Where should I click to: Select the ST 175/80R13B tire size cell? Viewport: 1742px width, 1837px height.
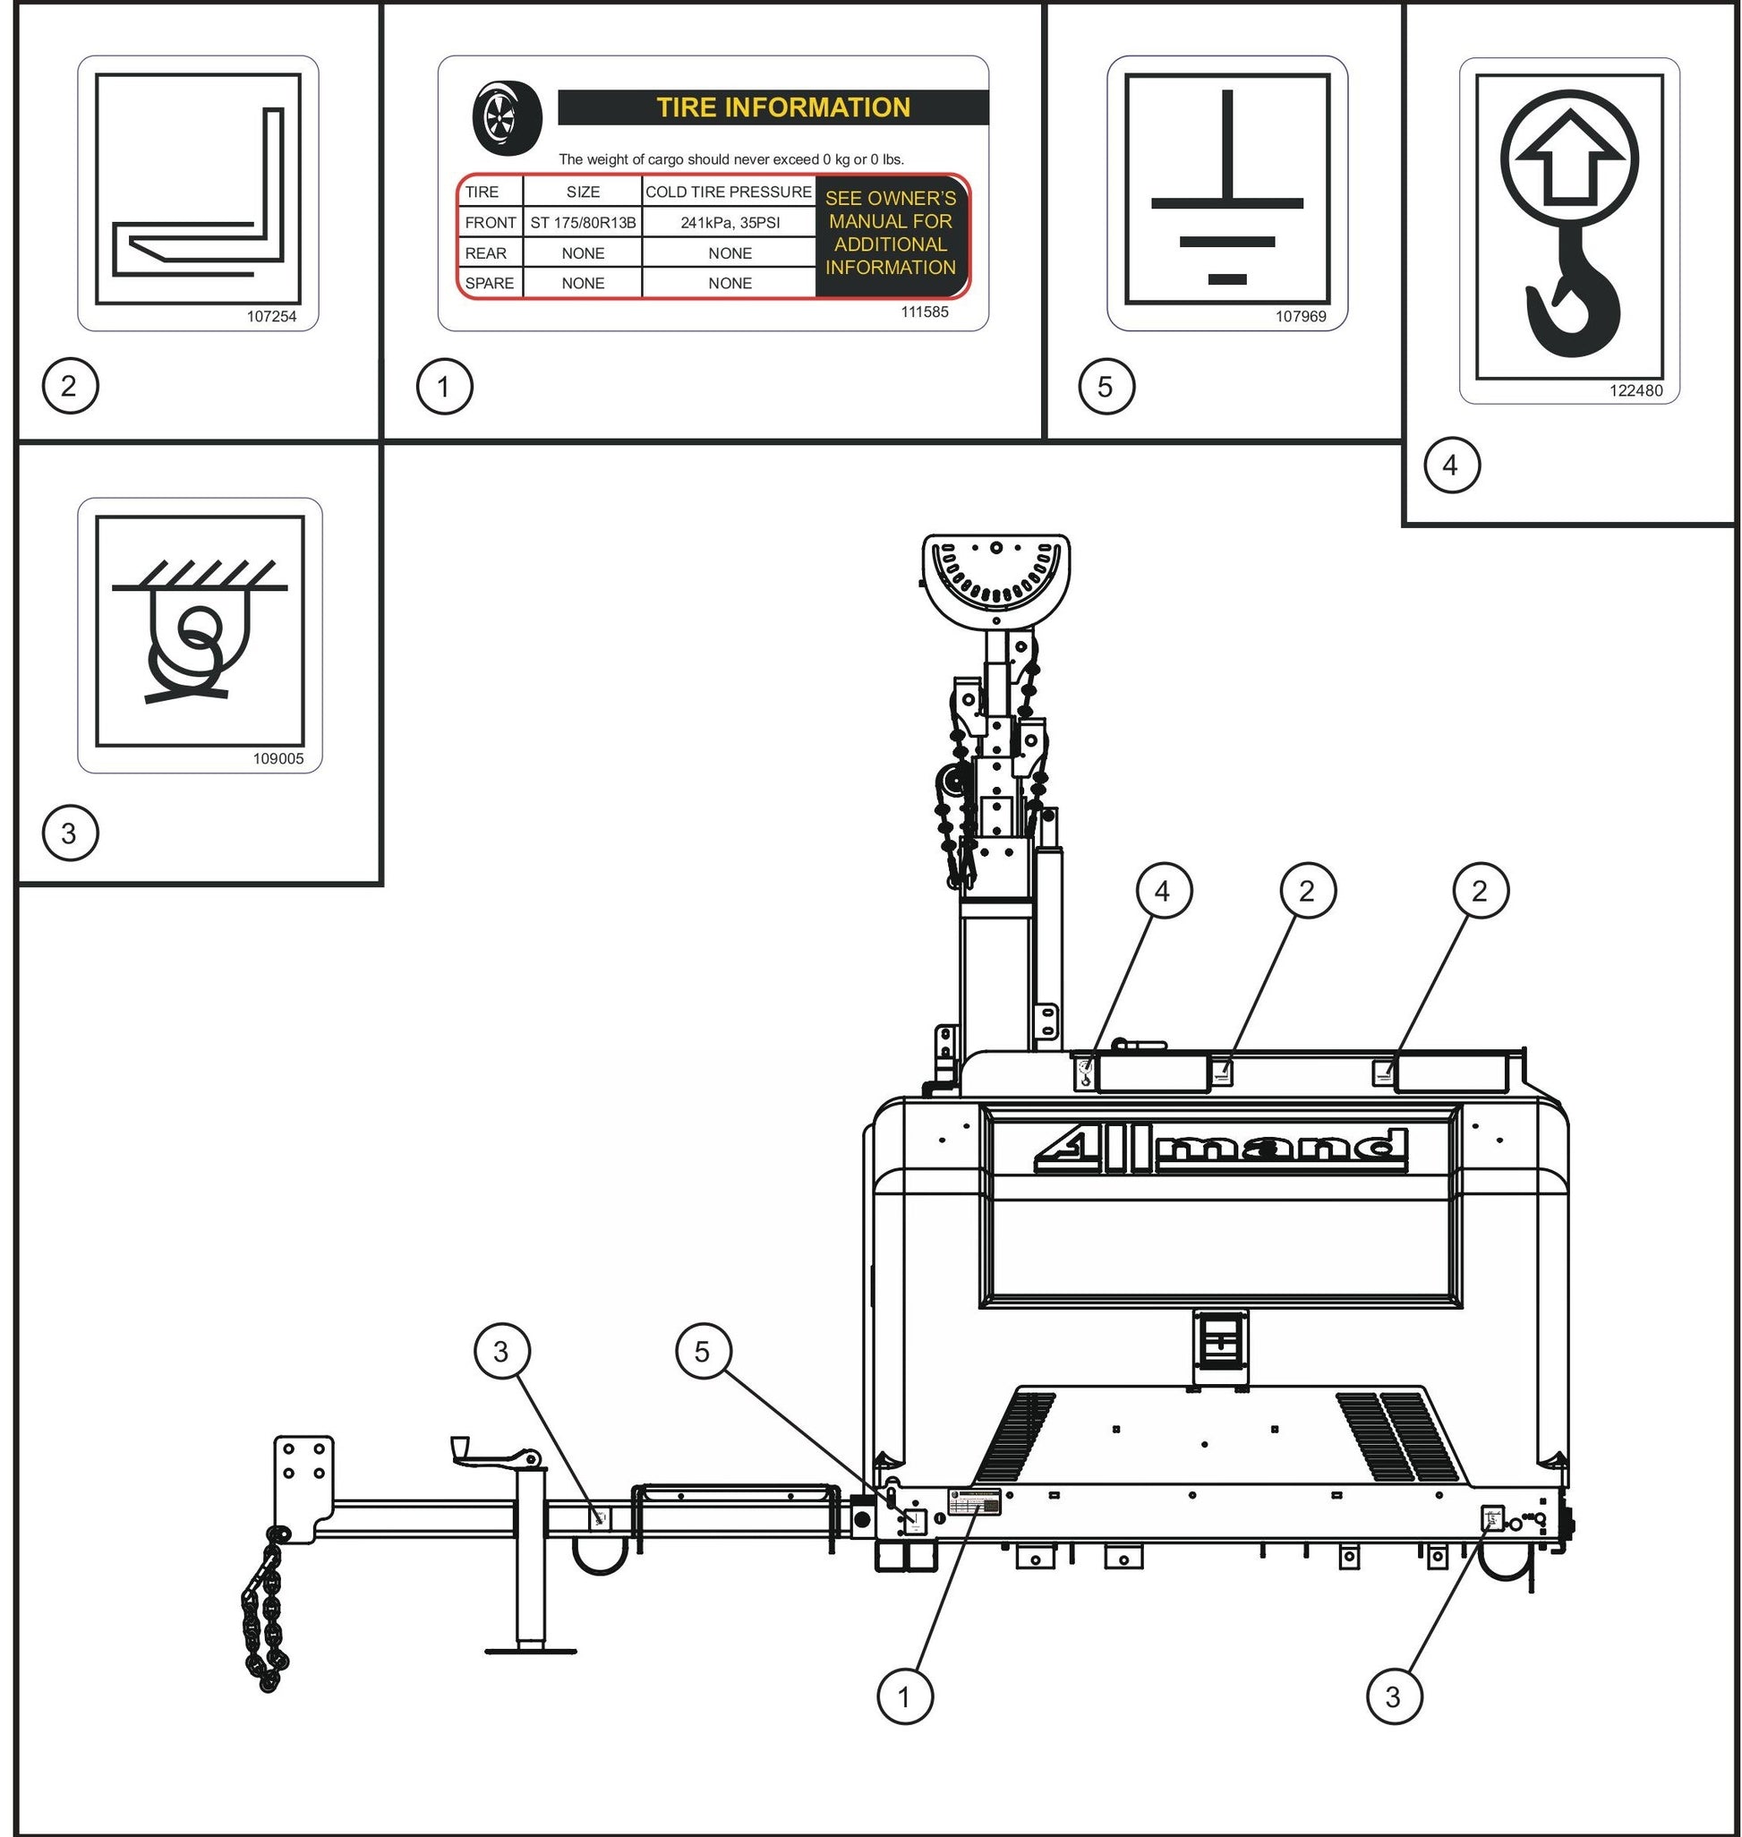[582, 223]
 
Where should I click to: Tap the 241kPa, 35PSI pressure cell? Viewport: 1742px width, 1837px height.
[729, 223]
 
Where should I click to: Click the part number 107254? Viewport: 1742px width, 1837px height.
[271, 316]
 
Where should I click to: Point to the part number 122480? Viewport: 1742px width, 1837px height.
[1635, 390]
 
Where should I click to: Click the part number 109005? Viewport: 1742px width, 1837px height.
[278, 758]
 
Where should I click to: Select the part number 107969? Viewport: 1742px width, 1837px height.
[1300, 316]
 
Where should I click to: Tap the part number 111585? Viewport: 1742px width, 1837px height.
[924, 312]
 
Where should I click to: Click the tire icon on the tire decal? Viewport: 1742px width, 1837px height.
[507, 118]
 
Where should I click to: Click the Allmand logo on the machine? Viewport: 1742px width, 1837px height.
[1219, 1151]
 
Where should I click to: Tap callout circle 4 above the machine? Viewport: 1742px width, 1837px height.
[1163, 891]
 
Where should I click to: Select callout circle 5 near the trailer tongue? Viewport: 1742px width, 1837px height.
[703, 1350]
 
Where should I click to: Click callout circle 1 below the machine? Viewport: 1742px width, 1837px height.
[904, 1696]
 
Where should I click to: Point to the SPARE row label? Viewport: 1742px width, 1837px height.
[489, 283]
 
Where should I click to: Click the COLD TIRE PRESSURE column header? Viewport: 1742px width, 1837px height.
[728, 192]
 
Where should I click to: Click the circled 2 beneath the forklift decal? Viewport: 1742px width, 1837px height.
[70, 386]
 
